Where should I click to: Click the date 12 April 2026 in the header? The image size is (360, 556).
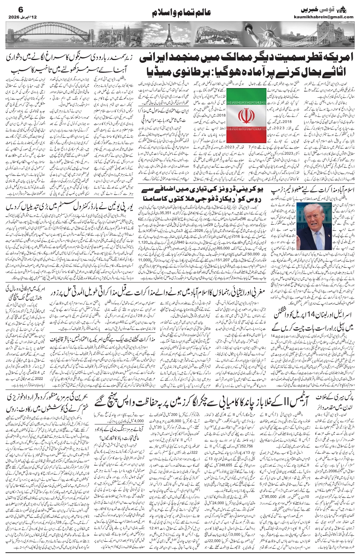tap(19, 17)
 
